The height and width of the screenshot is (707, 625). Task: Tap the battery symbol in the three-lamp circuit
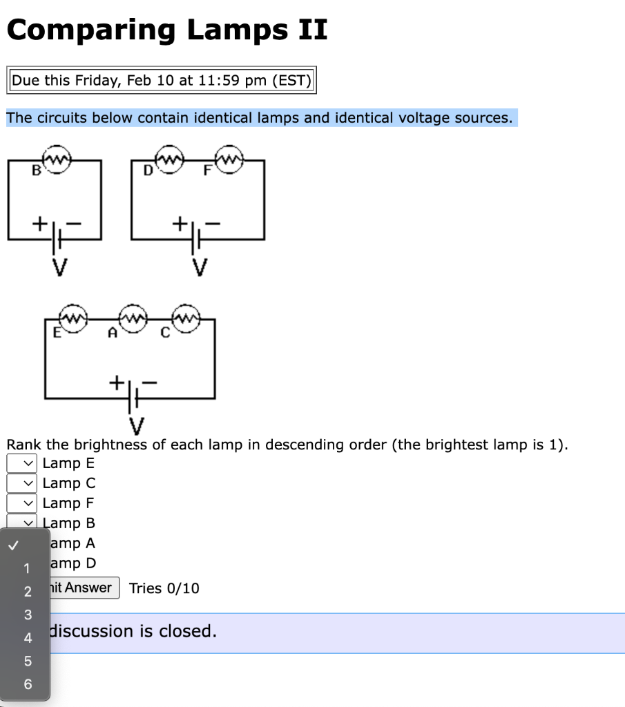click(134, 398)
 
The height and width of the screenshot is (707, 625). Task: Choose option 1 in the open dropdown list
click(27, 569)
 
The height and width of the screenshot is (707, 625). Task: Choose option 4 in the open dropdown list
click(28, 638)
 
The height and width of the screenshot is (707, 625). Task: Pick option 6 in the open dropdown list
click(28, 684)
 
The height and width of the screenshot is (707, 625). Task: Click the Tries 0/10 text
click(164, 588)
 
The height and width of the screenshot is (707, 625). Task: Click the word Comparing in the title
click(91, 30)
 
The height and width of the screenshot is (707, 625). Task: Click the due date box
click(162, 80)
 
